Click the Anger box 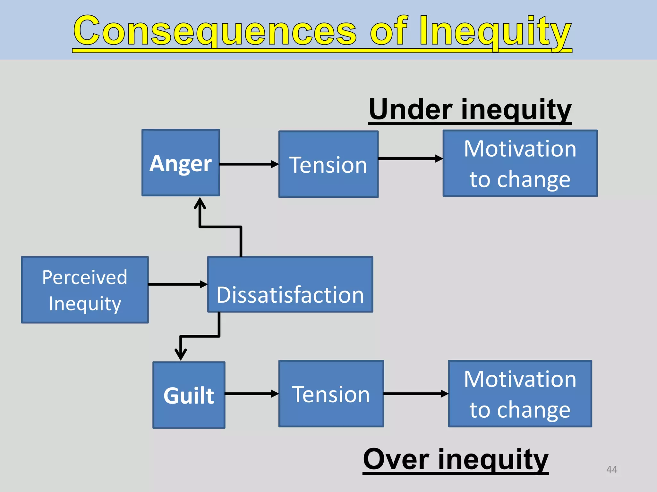click(181, 163)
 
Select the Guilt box click(189, 395)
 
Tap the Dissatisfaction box click(290, 284)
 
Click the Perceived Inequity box click(85, 290)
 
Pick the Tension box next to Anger click(328, 164)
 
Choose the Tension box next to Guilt click(331, 394)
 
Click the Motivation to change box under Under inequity click(520, 163)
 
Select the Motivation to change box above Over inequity click(520, 394)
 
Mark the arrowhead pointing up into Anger click(200, 203)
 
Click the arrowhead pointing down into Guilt click(181, 355)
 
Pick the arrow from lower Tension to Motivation click(416, 394)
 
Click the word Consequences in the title click(215, 31)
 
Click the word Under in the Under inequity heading click(411, 110)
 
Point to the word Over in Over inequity click(396, 459)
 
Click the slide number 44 click(611, 469)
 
